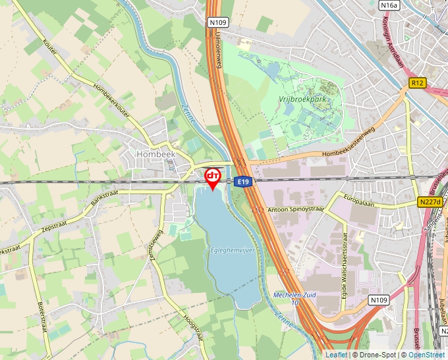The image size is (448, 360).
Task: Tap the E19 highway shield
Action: pyautogui.click(x=243, y=182)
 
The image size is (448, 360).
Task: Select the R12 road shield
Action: pyautogui.click(x=417, y=83)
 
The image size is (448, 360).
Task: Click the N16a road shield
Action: pyautogui.click(x=389, y=5)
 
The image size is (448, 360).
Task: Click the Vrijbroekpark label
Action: pyautogui.click(x=302, y=99)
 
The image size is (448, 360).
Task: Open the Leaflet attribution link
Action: pyautogui.click(x=336, y=355)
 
